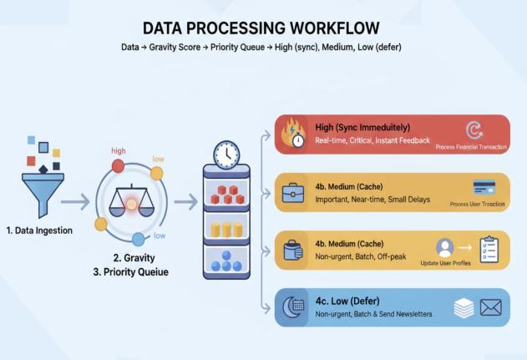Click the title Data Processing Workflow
click(261, 28)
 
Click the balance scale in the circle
click(131, 199)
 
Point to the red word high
click(119, 150)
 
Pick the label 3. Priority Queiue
click(132, 271)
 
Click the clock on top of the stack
click(226, 155)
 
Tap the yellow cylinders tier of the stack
click(225, 228)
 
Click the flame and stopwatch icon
click(295, 134)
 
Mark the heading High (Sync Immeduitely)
click(362, 127)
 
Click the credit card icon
click(484, 187)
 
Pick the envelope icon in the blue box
click(490, 308)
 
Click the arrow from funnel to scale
click(74, 201)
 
